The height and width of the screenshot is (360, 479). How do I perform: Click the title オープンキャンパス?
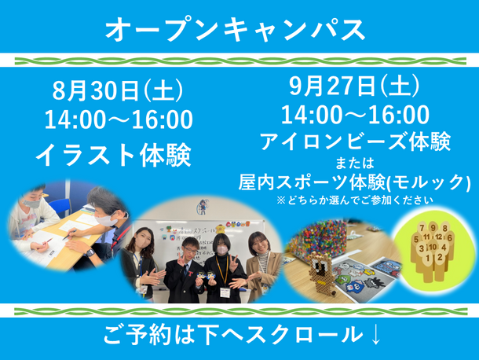236,30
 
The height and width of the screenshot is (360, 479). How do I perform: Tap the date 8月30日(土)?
118,90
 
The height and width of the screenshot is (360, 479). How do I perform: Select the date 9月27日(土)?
354,86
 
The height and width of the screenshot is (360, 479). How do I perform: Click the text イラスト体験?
113,156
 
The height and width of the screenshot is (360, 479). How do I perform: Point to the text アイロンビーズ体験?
355,141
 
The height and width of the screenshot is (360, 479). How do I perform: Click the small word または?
355,163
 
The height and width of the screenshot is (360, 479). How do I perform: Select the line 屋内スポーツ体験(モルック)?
354,182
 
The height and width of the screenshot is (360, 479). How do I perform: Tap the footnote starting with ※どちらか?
355,200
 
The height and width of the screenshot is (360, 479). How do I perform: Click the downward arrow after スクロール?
375,335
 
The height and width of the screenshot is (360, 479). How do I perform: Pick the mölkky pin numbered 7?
422,229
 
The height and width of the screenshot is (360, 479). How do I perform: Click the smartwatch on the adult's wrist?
90,252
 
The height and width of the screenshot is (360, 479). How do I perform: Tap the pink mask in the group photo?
222,250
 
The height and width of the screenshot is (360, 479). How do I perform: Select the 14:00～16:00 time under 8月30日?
119,119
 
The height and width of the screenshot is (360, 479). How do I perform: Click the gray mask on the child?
31,203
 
